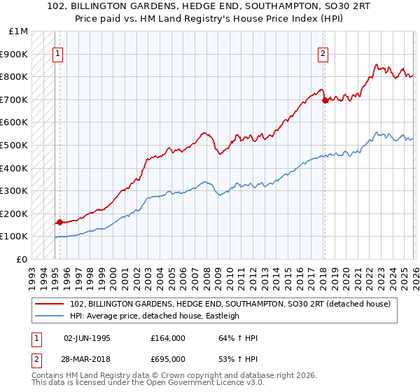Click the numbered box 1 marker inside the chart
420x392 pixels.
coord(57,53)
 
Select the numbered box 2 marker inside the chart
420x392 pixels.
coord(323,53)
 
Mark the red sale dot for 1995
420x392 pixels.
coord(59,222)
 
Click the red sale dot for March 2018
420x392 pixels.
coord(325,101)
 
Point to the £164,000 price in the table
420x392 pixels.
coord(167,338)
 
